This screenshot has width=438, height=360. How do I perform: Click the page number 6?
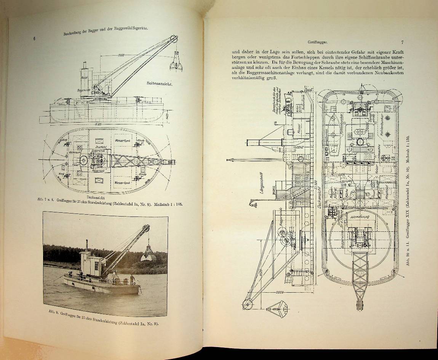click(35, 38)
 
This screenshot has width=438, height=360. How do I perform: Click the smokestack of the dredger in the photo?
click(87, 245)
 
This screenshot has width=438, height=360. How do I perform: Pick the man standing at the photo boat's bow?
click(132, 279)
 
